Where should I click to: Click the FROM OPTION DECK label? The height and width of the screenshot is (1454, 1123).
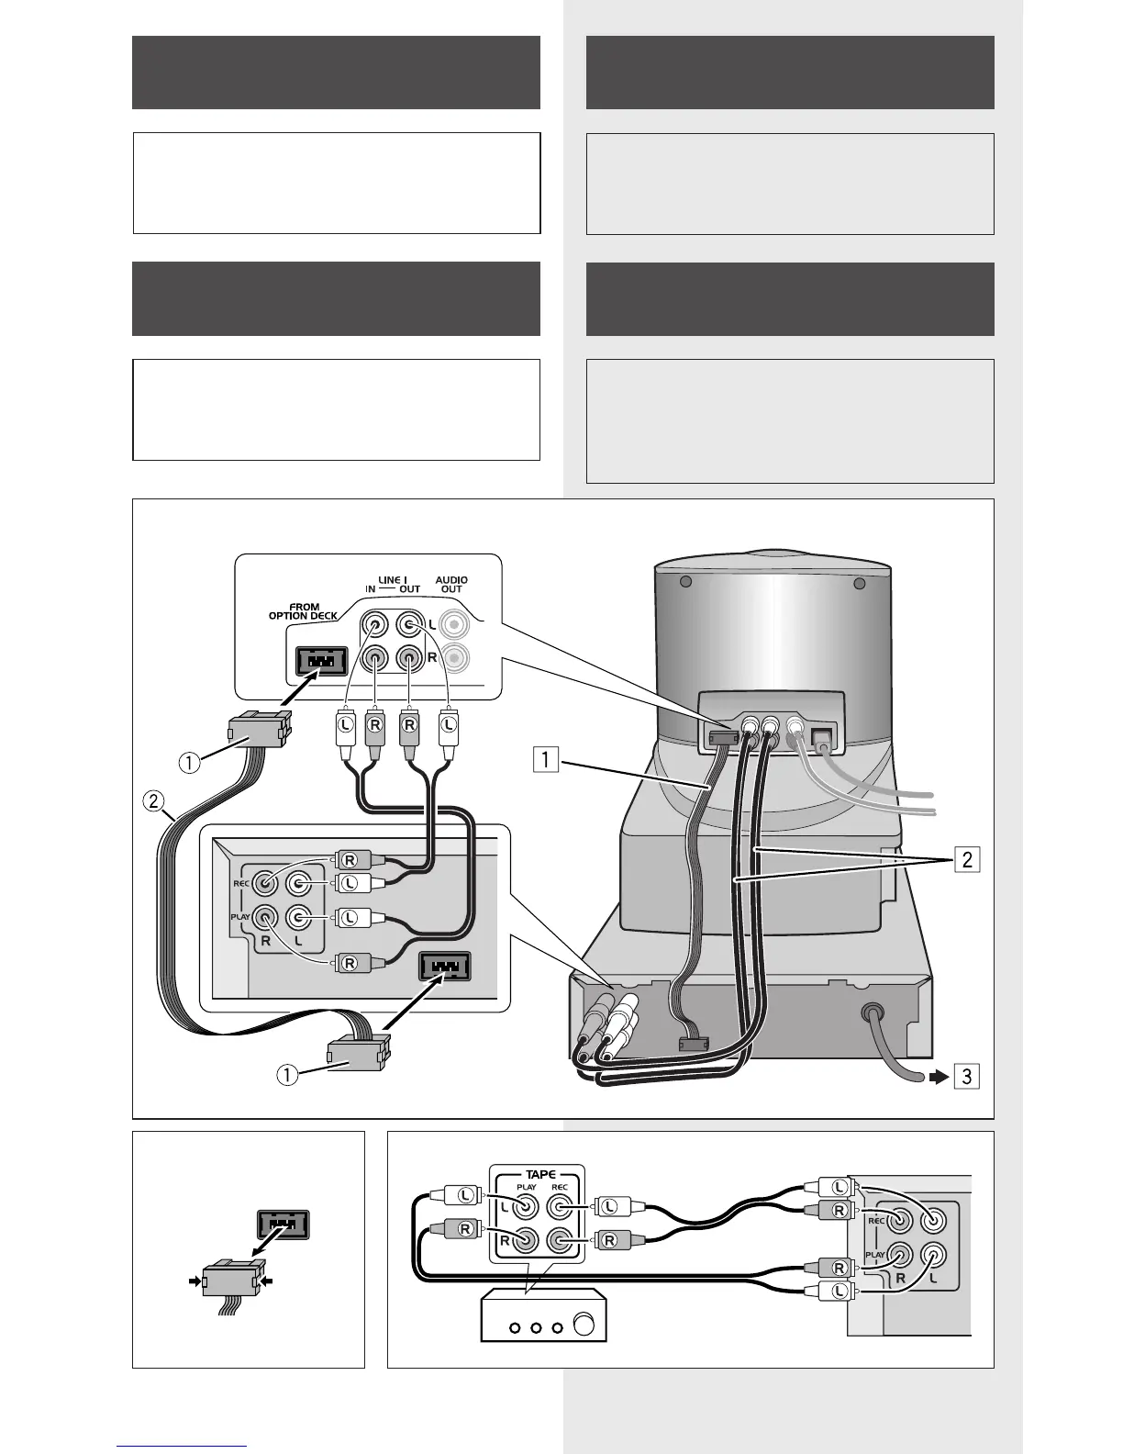pos(303,610)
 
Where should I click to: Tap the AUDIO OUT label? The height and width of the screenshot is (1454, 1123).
pos(451,584)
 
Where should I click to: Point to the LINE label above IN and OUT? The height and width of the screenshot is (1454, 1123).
pos(394,579)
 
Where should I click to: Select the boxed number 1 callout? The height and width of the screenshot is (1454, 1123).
pos(546,759)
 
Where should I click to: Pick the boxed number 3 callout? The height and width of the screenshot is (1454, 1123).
pos(966,1075)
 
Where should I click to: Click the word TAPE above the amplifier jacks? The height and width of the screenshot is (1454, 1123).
pos(540,1174)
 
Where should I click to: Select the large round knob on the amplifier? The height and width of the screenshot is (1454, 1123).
pos(583,1326)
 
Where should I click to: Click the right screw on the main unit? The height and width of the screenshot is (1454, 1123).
pos(859,584)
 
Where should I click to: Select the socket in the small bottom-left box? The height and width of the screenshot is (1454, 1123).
pos(283,1224)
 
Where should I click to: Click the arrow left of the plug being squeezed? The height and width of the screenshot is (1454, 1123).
pos(193,1279)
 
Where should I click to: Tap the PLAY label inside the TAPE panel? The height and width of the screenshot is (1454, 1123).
pos(526,1187)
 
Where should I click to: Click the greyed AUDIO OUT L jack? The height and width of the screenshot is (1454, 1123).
pos(454,626)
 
